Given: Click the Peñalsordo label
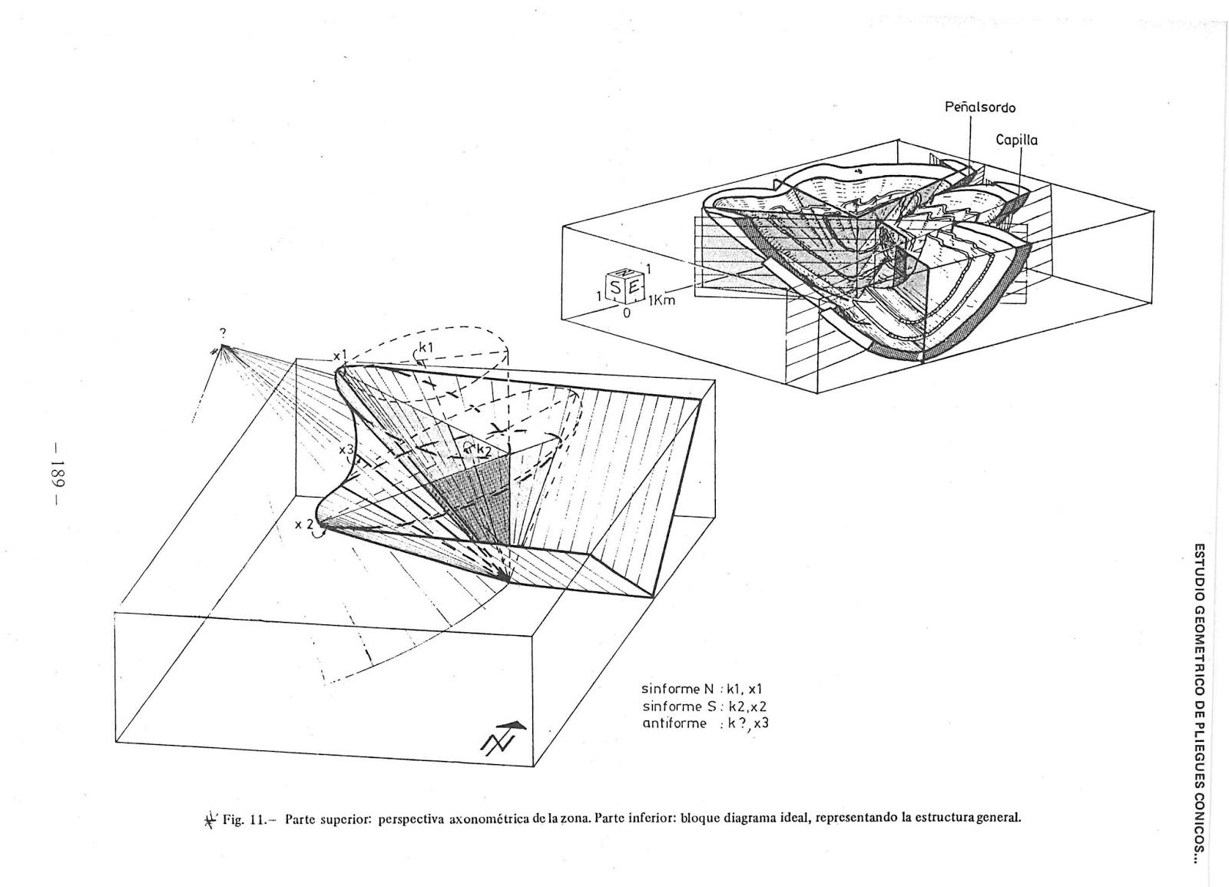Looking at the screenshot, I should [979, 108].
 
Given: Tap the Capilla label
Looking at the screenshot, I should [1016, 141].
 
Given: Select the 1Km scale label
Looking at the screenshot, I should [660, 300].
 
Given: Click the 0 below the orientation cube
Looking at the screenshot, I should [627, 313].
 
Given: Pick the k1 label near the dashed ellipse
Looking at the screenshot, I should [426, 347].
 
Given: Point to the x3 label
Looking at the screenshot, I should [349, 449].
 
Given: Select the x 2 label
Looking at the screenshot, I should [305, 525].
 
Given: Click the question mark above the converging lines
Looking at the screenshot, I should [222, 332].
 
